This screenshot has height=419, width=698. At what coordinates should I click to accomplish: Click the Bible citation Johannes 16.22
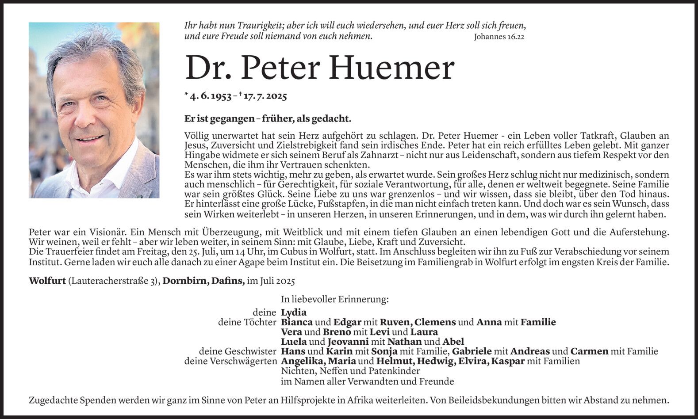499,37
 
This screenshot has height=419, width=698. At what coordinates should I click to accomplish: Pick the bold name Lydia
294,312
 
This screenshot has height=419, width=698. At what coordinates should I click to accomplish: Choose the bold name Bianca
297,322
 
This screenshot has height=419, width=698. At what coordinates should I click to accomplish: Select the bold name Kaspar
508,361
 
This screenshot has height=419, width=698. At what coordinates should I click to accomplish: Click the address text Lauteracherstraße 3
114,281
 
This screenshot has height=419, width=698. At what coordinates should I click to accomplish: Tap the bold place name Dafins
229,281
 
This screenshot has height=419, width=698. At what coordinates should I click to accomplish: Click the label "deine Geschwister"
237,351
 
